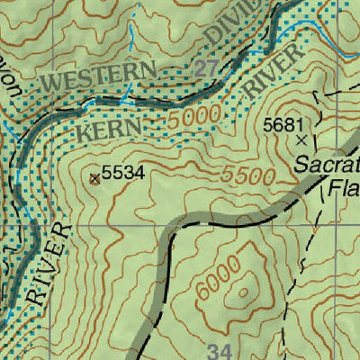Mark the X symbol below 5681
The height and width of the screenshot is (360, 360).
pyautogui.click(x=301, y=140)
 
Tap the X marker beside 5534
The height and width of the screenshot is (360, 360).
pyautogui.click(x=95, y=178)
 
